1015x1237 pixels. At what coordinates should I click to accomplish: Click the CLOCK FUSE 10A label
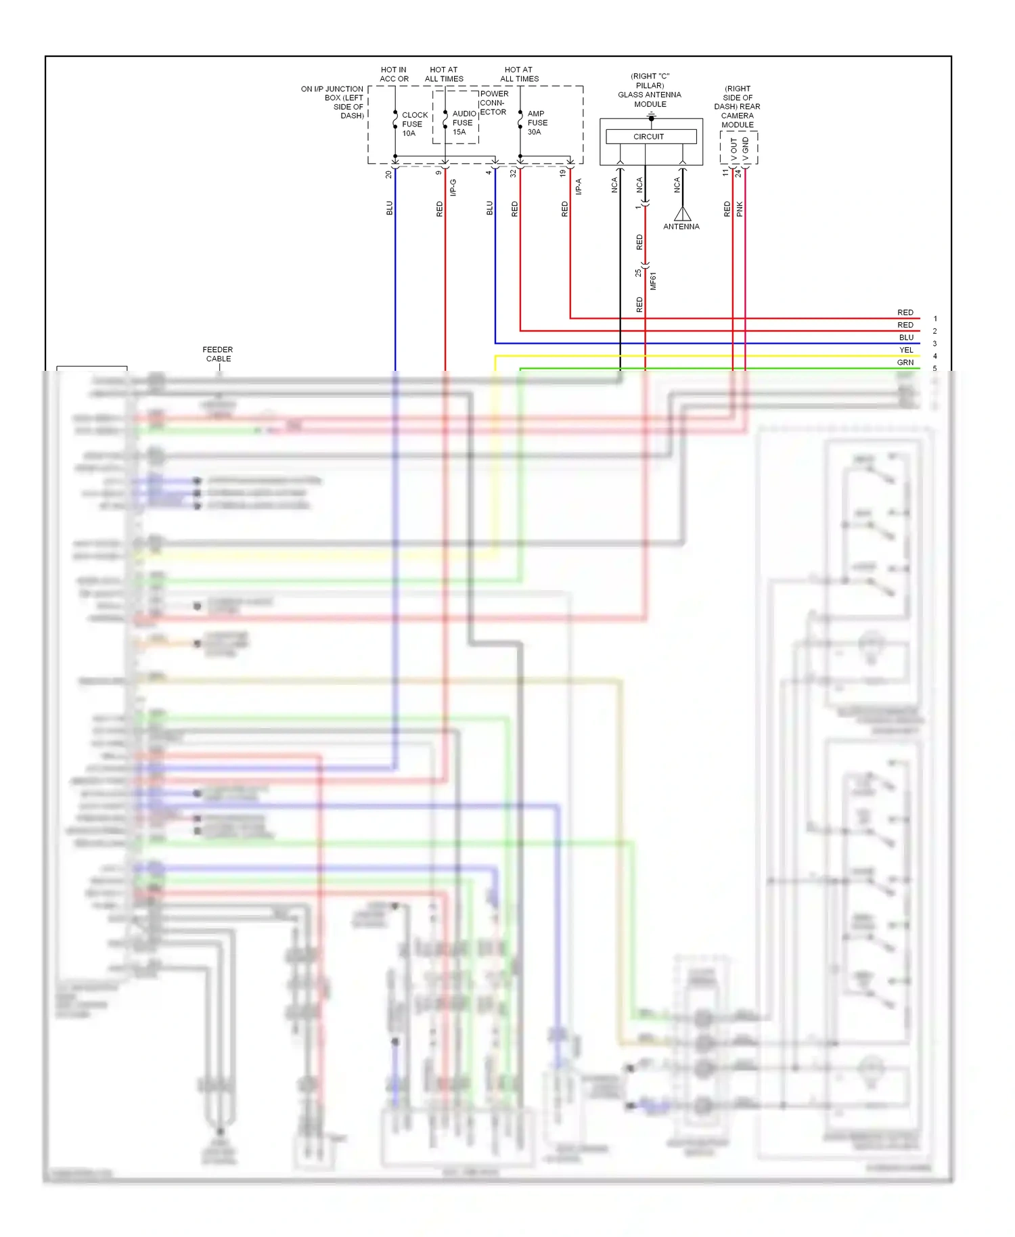click(413, 125)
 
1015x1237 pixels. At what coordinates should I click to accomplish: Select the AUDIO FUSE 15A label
click(463, 123)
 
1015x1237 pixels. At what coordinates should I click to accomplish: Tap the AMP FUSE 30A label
click(537, 123)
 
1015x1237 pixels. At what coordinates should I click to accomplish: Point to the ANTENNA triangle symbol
click(682, 214)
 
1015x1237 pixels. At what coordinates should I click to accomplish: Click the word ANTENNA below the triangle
click(681, 227)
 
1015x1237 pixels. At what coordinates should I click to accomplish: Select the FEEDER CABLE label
click(218, 355)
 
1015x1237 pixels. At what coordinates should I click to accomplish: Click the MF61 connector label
click(653, 282)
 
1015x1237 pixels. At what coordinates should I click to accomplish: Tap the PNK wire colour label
click(740, 209)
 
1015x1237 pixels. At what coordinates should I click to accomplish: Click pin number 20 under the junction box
click(388, 175)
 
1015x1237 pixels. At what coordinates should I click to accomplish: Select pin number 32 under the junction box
click(514, 173)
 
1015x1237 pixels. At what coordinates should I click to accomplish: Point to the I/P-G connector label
click(453, 187)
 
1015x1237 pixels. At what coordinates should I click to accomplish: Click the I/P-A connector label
click(579, 187)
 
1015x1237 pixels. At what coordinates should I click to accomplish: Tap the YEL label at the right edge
click(906, 350)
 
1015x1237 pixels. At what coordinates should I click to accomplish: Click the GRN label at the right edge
click(905, 363)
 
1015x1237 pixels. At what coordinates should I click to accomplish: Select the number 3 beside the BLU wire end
click(935, 344)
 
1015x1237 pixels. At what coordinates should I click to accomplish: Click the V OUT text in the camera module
click(734, 150)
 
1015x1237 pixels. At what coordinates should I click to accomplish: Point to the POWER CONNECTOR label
click(493, 103)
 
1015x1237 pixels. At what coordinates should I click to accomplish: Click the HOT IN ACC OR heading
click(394, 74)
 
